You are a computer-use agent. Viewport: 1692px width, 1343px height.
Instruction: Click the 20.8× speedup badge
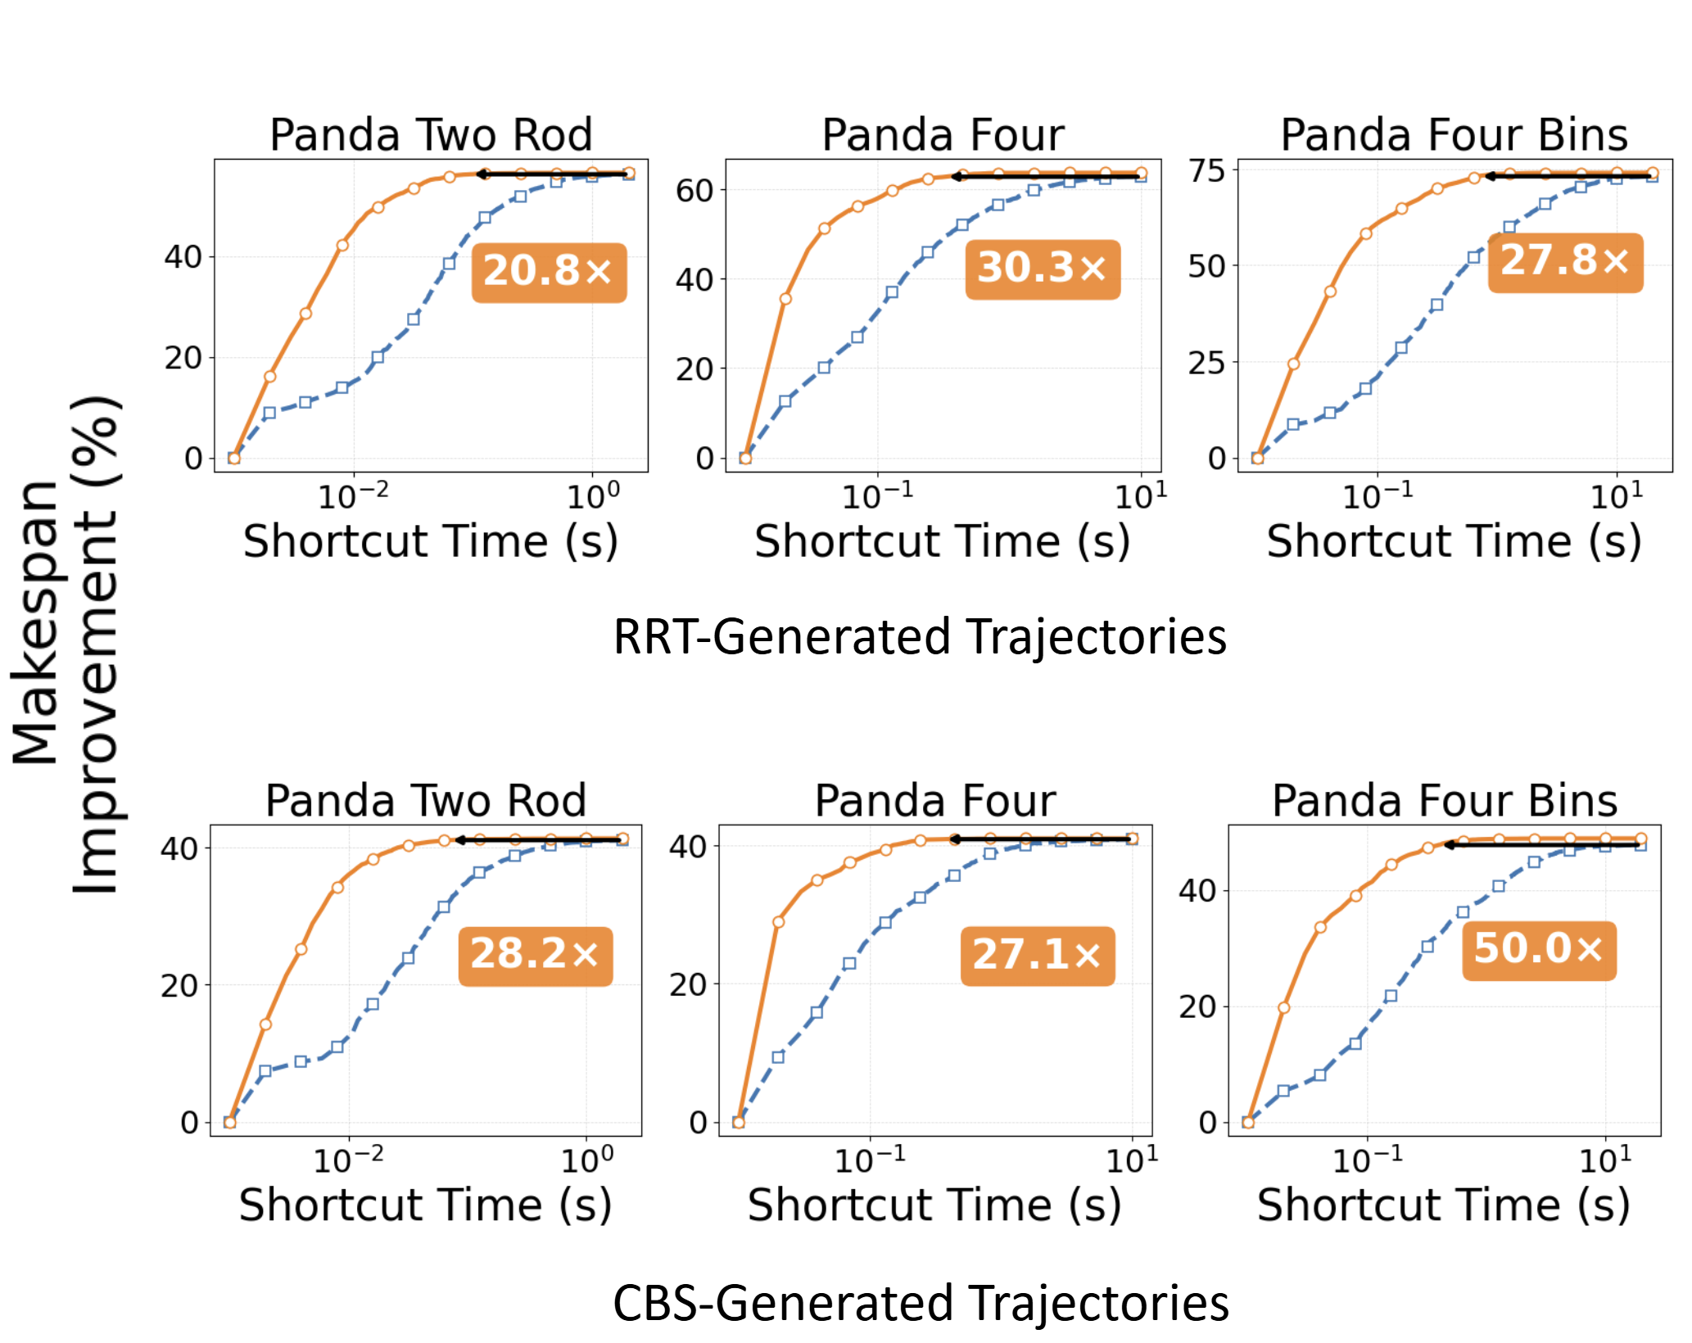[x=549, y=273]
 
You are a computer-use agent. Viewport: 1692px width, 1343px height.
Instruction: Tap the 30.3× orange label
[x=1043, y=269]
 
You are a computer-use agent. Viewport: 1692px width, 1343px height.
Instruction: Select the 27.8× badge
[x=1565, y=263]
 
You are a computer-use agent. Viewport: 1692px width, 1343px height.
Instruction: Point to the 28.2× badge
[x=536, y=956]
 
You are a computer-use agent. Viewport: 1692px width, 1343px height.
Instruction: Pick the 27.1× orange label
[x=1038, y=956]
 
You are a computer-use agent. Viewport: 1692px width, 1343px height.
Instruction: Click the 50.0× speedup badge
[x=1539, y=951]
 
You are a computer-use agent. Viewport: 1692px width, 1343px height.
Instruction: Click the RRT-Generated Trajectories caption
[x=920, y=637]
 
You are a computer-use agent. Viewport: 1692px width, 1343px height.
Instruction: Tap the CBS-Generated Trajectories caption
[x=921, y=1303]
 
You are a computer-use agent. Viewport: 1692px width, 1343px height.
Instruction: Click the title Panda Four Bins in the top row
[x=1454, y=135]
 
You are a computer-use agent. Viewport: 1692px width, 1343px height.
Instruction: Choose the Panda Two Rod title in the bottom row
[x=426, y=801]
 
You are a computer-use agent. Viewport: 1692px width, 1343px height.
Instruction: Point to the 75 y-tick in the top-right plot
[x=1207, y=171]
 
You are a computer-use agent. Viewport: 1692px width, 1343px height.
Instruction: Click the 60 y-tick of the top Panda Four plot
[x=694, y=191]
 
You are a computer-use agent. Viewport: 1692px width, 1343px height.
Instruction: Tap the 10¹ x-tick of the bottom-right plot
[x=1605, y=1160]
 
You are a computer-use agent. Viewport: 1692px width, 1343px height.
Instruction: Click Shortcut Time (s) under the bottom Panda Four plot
[x=934, y=1205]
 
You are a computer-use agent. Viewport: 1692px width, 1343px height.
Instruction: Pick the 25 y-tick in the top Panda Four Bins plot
[x=1207, y=362]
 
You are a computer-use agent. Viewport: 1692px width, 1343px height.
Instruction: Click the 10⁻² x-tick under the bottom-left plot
[x=348, y=1160]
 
